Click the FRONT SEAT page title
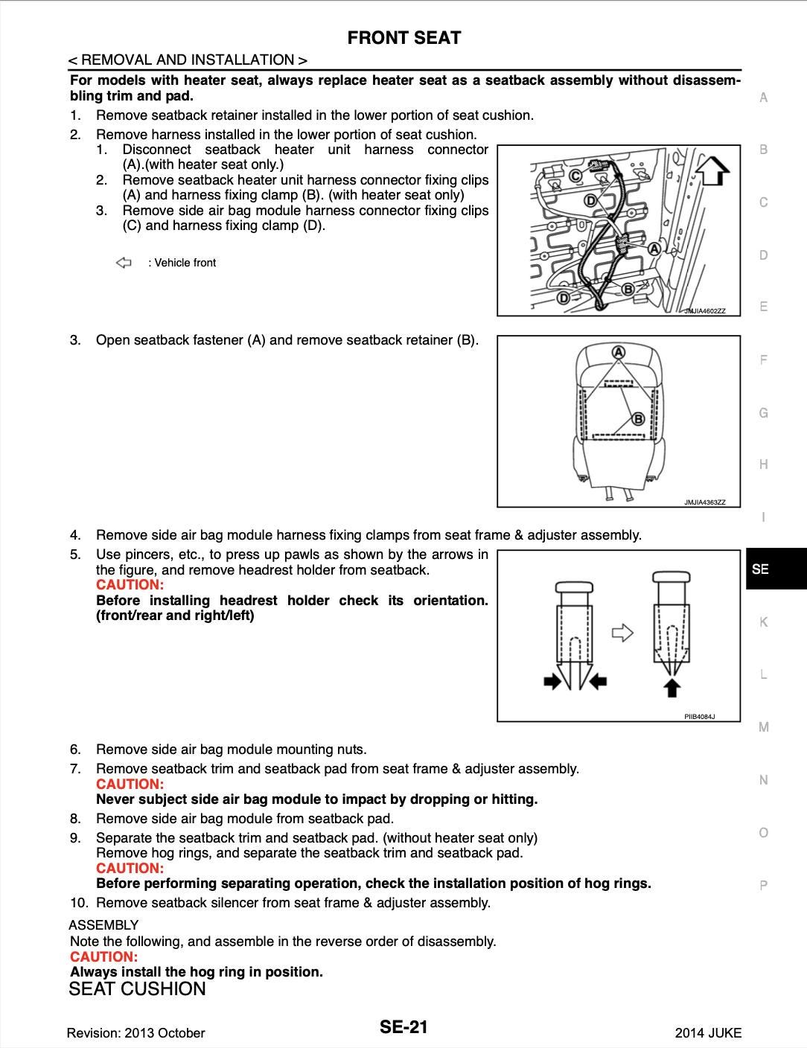coord(403,38)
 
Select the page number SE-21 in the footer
coord(403,1027)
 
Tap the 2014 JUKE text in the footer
coord(708,1032)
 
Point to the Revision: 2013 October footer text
coord(135,1032)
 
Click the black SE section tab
coord(775,569)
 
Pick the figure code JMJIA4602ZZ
coord(704,311)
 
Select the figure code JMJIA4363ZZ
coord(704,502)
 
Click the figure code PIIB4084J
coord(699,717)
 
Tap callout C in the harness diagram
coord(575,176)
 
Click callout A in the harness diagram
coord(654,249)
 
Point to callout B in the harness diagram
coord(628,289)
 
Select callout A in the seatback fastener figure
coord(618,351)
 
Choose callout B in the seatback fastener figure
coord(638,419)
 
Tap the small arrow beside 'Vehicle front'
coord(124,263)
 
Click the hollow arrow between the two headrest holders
coord(622,633)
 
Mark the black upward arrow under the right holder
coord(672,686)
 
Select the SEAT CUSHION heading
coord(137,989)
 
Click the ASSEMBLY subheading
coord(103,925)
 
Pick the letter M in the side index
coord(763,727)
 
